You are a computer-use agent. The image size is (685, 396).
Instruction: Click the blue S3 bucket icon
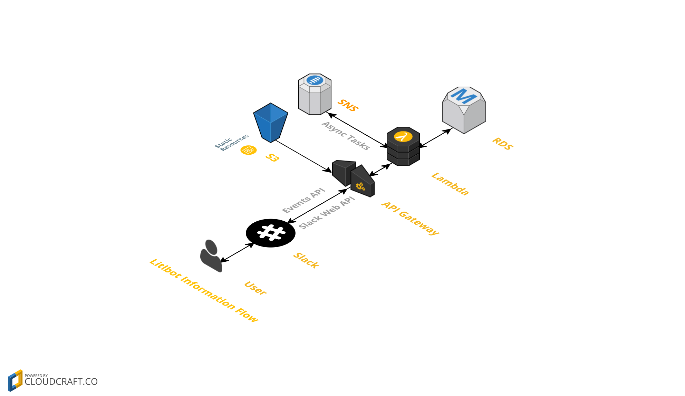pyautogui.click(x=270, y=123)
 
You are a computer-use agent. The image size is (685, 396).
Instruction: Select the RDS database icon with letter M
pyautogui.click(x=464, y=109)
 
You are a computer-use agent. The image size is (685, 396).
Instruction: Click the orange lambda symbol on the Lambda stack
pyautogui.click(x=403, y=137)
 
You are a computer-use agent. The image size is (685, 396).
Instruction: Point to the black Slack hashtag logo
pyautogui.click(x=271, y=233)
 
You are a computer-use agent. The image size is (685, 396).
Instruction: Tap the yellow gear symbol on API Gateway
pyautogui.click(x=360, y=187)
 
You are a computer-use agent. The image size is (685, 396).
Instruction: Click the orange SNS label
pyautogui.click(x=348, y=105)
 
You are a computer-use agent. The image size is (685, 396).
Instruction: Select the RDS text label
pyautogui.click(x=502, y=144)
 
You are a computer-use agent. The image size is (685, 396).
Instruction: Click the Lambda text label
pyautogui.click(x=450, y=184)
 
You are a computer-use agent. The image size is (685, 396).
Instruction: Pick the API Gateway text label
pyautogui.click(x=410, y=218)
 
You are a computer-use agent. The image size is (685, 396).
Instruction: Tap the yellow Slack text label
pyautogui.click(x=306, y=260)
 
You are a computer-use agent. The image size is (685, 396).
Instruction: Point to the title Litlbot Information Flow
pyautogui.click(x=204, y=290)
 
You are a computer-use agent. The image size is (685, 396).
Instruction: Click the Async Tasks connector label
pyautogui.click(x=346, y=136)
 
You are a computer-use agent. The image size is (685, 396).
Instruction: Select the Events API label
pyautogui.click(x=303, y=201)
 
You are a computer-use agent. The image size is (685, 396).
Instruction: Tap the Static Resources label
pyautogui.click(x=231, y=142)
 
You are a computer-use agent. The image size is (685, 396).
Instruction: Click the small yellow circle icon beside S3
pyautogui.click(x=248, y=150)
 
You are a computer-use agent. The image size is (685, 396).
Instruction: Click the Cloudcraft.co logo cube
pyautogui.click(x=15, y=380)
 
